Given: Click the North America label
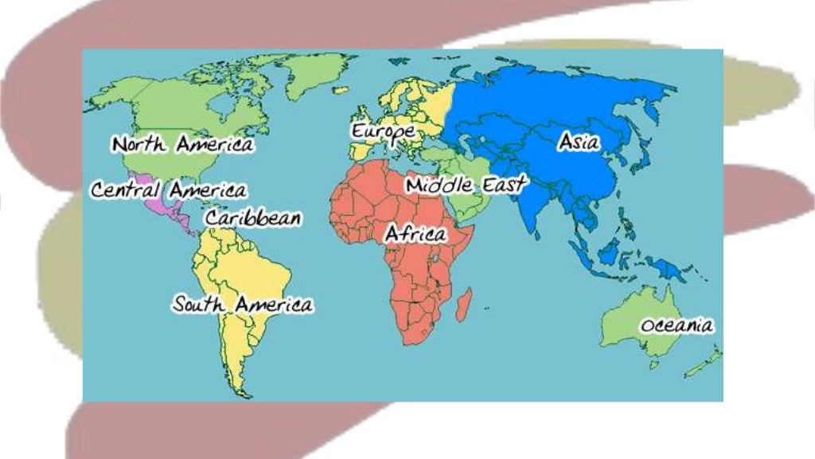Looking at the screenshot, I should click(x=182, y=145).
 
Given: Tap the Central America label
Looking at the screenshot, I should click(x=168, y=191).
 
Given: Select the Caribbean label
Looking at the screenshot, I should click(x=253, y=218).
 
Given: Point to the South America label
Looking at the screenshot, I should click(x=243, y=304).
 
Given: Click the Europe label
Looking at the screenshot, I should click(x=383, y=131).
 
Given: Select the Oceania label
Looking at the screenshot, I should click(x=677, y=326).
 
